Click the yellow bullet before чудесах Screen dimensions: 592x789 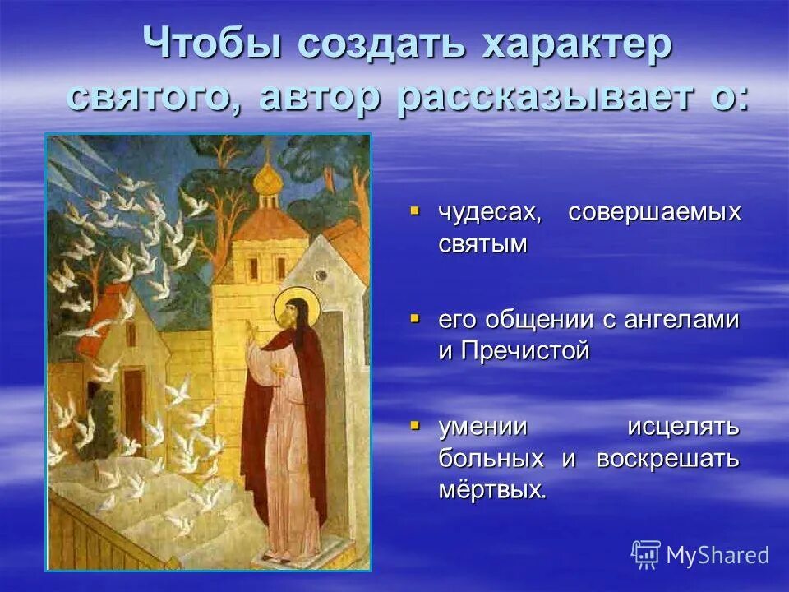click(x=415, y=211)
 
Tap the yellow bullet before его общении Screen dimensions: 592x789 click(x=415, y=317)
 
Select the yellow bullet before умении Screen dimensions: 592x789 click(x=415, y=425)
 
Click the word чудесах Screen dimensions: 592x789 click(x=488, y=213)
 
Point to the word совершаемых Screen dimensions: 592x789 click(x=654, y=213)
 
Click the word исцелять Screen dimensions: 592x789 click(x=684, y=428)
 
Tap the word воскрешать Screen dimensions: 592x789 click(x=668, y=459)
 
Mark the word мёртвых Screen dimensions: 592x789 click(x=491, y=490)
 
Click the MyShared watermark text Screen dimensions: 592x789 click(x=717, y=555)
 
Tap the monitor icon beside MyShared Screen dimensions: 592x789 click(x=645, y=555)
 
